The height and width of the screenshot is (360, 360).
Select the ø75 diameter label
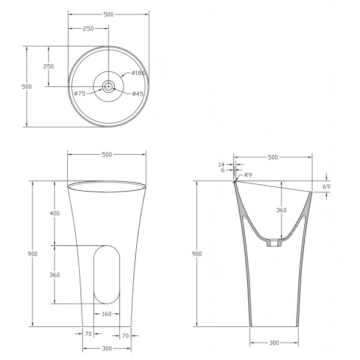click(x=80, y=93)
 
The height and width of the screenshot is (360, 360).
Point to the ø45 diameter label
click(x=137, y=93)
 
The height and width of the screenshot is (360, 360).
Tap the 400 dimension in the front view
click(x=55, y=214)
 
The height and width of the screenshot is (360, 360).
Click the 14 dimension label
click(x=221, y=164)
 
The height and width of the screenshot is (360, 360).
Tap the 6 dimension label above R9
click(x=223, y=170)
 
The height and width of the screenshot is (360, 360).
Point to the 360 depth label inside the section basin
click(x=281, y=210)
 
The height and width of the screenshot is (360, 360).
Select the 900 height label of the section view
click(x=197, y=254)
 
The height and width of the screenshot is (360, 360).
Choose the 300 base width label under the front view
click(x=106, y=348)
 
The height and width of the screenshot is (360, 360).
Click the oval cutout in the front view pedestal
click(x=107, y=275)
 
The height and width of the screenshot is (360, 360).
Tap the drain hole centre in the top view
click(x=109, y=87)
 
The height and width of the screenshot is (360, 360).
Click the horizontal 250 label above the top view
click(x=88, y=28)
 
